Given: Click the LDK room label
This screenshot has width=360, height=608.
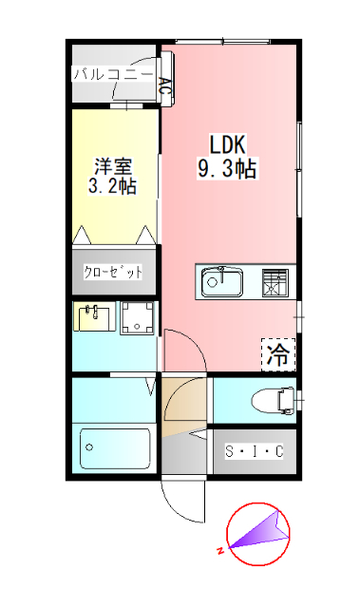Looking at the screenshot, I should pyautogui.click(x=228, y=145).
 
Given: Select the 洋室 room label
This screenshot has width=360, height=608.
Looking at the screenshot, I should pyautogui.click(x=112, y=163).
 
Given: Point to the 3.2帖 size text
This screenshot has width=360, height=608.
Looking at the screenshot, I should pyautogui.click(x=112, y=186).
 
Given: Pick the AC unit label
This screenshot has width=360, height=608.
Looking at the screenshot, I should pyautogui.click(x=165, y=89).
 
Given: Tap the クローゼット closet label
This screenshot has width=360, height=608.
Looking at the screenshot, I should pyautogui.click(x=114, y=273).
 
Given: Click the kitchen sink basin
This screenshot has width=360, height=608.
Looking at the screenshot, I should pyautogui.click(x=221, y=281).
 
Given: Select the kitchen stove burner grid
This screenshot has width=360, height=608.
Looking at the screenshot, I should pyautogui.click(x=275, y=281).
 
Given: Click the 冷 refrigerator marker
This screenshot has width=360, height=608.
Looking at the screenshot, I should pyautogui.click(x=277, y=355).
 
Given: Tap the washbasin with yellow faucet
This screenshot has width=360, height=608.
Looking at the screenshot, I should pyautogui.click(x=94, y=316).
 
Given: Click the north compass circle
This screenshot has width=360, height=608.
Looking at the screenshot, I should pyautogui.click(x=257, y=533).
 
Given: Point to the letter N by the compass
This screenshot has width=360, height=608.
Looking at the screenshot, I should pyautogui.click(x=219, y=550).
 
